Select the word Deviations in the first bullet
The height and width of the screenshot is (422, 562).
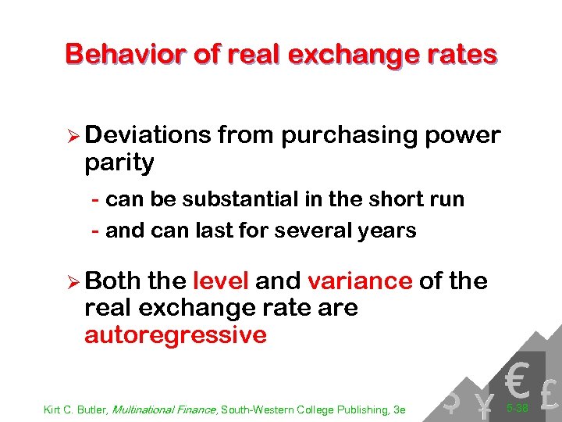tap(148, 135)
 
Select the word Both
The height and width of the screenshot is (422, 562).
tap(112, 281)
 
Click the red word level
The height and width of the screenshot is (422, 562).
tap(220, 281)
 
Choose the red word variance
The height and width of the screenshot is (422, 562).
tap(360, 281)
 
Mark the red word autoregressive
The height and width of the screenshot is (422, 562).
tap(176, 335)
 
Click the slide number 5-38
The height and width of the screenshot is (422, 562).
tap(517, 408)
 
